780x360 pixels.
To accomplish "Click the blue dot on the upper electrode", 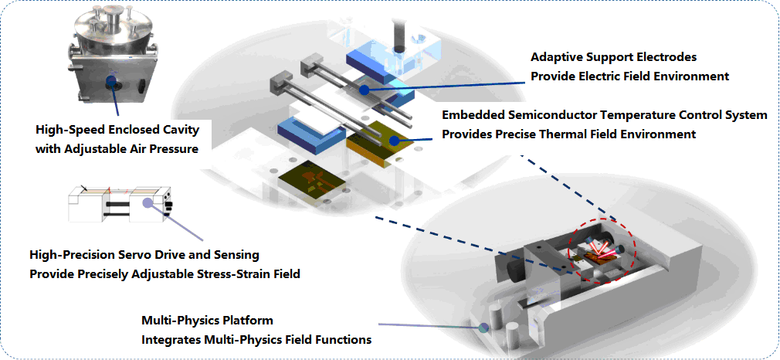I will (364, 90).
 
